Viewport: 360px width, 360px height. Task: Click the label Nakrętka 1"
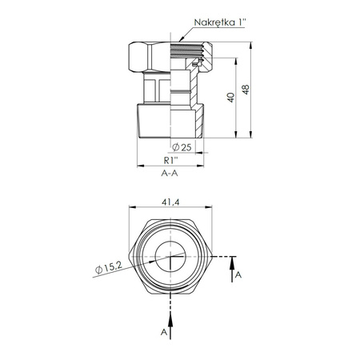point(220,22)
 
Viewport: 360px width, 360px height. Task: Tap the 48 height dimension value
point(246,90)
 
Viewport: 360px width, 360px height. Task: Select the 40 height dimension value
point(231,98)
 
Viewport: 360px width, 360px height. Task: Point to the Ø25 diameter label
point(182,147)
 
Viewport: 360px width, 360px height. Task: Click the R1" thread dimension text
point(170,160)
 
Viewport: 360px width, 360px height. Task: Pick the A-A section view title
point(170,174)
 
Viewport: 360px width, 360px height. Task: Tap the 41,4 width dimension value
point(170,202)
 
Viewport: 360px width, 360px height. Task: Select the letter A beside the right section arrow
point(238,274)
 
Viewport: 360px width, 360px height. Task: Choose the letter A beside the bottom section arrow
point(164,332)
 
